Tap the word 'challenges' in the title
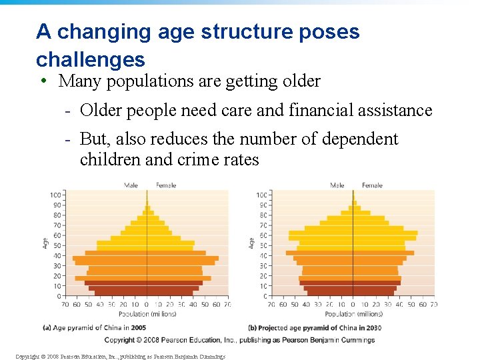click(91, 59)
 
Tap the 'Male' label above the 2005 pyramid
click(131, 185)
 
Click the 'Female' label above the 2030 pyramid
click(372, 185)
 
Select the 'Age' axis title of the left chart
click(45, 244)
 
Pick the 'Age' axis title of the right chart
click(251, 244)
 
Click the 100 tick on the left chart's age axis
click(55, 195)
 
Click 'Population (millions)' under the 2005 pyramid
click(147, 314)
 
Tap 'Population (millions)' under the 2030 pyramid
click(353, 314)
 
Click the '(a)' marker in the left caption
click(47, 328)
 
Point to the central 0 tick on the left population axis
click(147, 305)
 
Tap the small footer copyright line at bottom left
click(120, 356)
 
